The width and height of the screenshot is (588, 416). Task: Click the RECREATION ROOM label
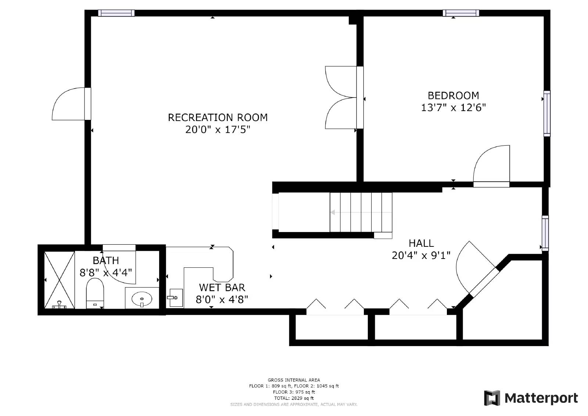click(218, 117)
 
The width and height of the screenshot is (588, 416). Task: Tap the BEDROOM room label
click(453, 96)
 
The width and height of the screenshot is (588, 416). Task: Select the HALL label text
click(421, 243)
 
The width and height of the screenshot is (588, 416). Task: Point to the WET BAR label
click(222, 288)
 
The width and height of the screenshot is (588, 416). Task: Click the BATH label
click(106, 260)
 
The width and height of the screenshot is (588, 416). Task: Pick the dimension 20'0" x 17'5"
click(218, 129)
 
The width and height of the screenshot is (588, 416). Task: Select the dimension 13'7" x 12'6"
click(453, 108)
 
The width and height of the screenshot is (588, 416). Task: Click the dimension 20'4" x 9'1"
click(421, 255)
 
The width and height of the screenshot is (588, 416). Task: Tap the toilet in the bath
click(95, 293)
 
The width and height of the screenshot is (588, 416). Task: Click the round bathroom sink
click(142, 299)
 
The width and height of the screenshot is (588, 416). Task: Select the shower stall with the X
click(60, 280)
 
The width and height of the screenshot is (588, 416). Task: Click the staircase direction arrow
click(361, 212)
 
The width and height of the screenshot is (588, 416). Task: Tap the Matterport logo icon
click(492, 398)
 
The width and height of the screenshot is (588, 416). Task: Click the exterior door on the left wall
click(71, 104)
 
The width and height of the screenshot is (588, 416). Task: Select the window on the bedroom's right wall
click(547, 114)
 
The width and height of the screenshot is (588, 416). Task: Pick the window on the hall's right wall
click(545, 233)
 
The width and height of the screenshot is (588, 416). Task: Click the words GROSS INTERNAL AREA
click(294, 380)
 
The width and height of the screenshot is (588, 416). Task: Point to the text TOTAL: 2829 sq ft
click(294, 398)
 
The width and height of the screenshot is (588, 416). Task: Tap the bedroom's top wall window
click(461, 13)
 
